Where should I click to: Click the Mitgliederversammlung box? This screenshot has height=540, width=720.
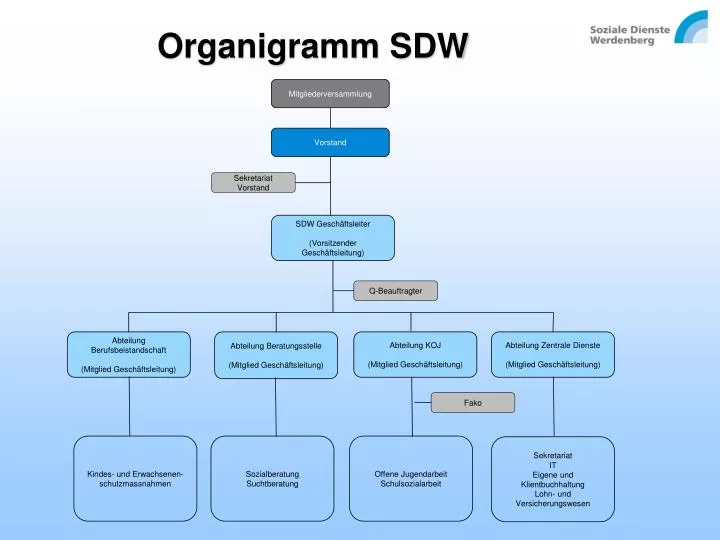click(330, 94)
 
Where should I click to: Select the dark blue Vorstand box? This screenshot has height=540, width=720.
click(330, 142)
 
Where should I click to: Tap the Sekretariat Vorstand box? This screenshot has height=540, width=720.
click(253, 183)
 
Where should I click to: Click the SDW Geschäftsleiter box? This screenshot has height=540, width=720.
click(333, 238)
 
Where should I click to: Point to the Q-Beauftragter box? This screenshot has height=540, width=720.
click(395, 291)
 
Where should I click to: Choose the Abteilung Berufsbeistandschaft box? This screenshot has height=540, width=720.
click(129, 354)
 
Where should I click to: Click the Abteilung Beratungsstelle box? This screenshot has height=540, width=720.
click(276, 355)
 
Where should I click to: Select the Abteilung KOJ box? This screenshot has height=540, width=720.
click(415, 354)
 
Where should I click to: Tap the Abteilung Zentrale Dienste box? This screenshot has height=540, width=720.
click(553, 354)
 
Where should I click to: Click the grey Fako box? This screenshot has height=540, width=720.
click(473, 403)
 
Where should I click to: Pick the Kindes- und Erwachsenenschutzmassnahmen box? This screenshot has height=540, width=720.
click(135, 478)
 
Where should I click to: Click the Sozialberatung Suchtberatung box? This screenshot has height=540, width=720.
click(272, 478)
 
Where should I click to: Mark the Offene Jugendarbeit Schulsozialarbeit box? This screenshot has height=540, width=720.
click(411, 478)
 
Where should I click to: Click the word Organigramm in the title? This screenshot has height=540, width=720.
click(268, 47)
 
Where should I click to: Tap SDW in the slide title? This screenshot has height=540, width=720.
click(429, 45)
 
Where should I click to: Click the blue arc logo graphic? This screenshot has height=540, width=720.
click(691, 27)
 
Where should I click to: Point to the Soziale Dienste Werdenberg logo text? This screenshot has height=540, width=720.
click(630, 35)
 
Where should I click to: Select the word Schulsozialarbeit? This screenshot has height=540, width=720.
click(411, 484)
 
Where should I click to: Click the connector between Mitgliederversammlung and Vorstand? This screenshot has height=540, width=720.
click(331, 118)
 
